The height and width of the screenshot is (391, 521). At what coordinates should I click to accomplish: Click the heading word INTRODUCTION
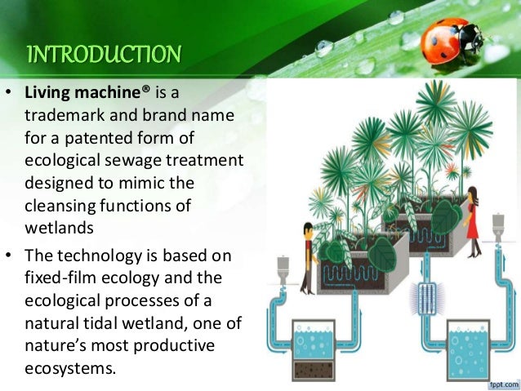(x=103, y=56)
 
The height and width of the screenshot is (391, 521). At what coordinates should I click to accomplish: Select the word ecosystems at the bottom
(x=69, y=367)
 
